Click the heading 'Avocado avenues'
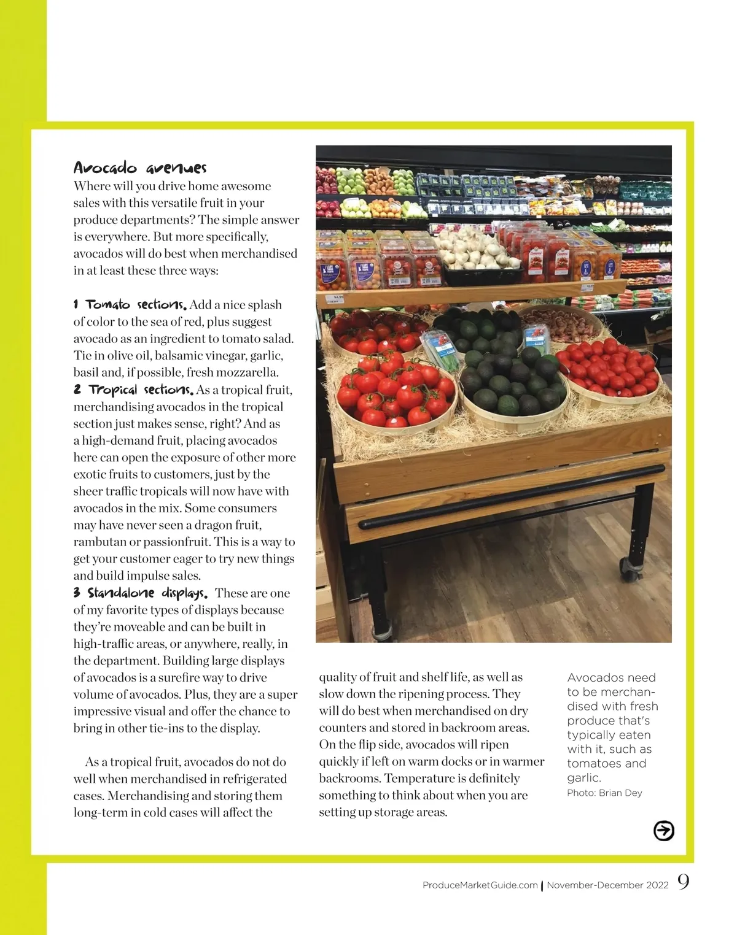(140, 167)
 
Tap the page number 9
(683, 882)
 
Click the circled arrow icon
(663, 831)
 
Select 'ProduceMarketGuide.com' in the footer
(480, 885)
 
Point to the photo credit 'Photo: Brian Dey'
(604, 793)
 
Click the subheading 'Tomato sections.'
(136, 305)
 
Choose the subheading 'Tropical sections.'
(141, 390)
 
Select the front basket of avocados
(513, 387)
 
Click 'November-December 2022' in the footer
(607, 885)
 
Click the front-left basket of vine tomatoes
(396, 393)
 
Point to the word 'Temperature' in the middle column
(420, 779)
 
